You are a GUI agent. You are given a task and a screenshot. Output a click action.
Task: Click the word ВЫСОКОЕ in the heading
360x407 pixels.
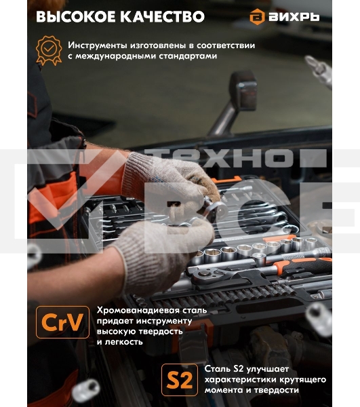76,17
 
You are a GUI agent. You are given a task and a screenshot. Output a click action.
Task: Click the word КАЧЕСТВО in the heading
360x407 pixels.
163,17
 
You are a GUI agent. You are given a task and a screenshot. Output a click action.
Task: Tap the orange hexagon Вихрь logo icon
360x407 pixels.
257,16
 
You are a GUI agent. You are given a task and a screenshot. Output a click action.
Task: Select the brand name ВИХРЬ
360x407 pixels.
294,17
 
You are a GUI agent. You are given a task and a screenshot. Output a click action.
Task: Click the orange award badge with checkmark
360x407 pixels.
49,50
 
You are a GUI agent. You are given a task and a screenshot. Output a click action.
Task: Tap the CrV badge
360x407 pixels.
62,322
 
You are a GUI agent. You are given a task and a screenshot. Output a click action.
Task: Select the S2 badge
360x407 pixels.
180,379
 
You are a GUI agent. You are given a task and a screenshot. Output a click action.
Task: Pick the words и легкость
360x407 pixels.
119,342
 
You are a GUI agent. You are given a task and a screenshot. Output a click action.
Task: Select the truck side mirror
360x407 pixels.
243,91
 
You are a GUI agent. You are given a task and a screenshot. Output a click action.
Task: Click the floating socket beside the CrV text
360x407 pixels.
319,319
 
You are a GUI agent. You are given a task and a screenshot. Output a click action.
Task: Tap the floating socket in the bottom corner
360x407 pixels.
85,391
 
